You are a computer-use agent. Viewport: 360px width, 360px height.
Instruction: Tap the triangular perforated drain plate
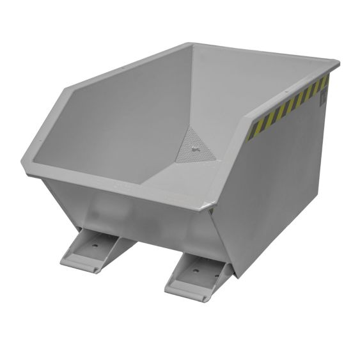pos(195,146)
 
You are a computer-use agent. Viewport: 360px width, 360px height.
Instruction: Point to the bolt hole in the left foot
pos(95,244)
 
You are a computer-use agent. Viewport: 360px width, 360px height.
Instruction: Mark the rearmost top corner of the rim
pos(191,44)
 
